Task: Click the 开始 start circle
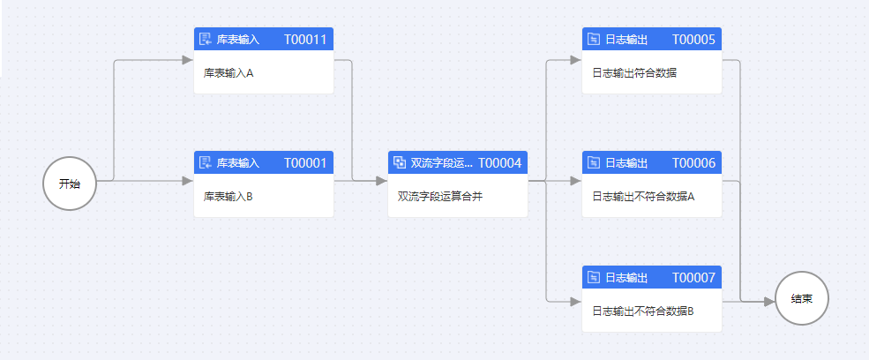tap(69, 184)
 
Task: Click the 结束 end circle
tap(802, 299)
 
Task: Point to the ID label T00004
tap(500, 163)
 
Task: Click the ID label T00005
tap(693, 40)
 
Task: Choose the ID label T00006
tap(693, 163)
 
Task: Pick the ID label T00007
tap(693, 278)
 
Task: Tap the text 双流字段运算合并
tap(440, 197)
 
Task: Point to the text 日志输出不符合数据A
tap(643, 197)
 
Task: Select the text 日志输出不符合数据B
tap(643, 311)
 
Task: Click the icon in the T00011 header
tap(206, 40)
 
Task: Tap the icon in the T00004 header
tap(400, 163)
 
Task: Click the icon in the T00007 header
tap(594, 278)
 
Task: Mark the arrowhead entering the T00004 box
tap(381, 181)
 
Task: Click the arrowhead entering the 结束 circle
tap(769, 301)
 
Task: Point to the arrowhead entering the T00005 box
tap(575, 61)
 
